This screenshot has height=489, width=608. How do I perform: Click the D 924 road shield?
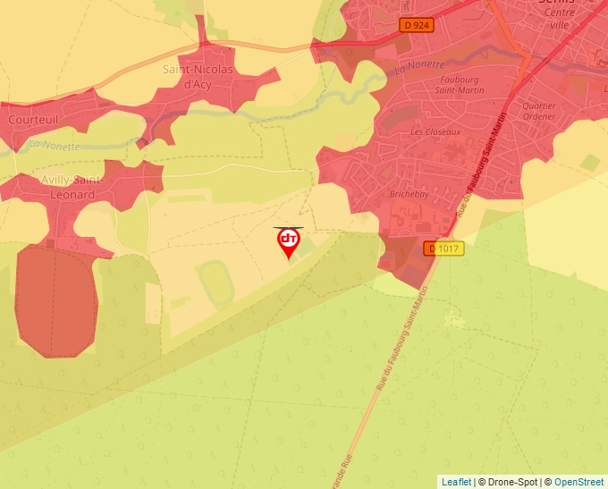coord(417,26)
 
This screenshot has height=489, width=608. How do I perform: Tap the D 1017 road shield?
coord(444,249)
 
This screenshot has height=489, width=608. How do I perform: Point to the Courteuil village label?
coord(33,118)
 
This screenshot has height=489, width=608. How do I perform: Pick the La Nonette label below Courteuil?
coord(55,145)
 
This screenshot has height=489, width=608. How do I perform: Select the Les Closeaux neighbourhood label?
coord(435,132)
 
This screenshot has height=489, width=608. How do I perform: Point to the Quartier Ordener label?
coord(539,111)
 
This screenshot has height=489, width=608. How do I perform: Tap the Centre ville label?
coord(559,19)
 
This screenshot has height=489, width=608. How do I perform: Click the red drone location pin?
coord(288,241)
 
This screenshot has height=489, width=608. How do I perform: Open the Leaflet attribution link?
coord(456,482)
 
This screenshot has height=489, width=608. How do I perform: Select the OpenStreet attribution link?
coord(578,482)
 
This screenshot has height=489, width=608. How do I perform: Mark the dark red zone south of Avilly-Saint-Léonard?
coord(55,302)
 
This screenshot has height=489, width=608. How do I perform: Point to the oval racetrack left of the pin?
coord(216,282)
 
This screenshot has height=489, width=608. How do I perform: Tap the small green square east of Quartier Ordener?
coord(589,163)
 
